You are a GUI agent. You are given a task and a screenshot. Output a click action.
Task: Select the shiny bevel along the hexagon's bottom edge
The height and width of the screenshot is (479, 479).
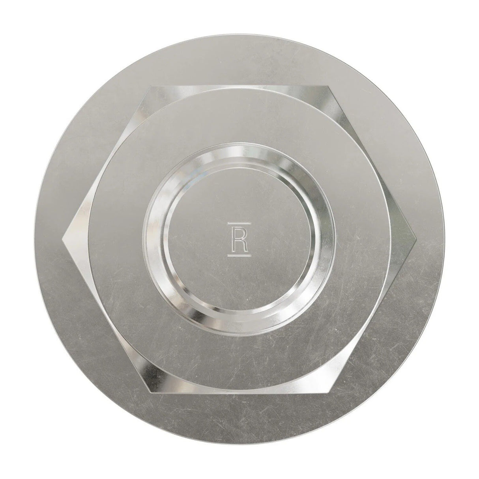[240, 388]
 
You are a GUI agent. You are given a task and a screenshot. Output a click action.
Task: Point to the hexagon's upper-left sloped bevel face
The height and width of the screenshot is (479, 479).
[118, 150]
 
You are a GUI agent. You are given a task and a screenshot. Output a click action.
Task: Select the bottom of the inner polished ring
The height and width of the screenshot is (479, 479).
[240, 328]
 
